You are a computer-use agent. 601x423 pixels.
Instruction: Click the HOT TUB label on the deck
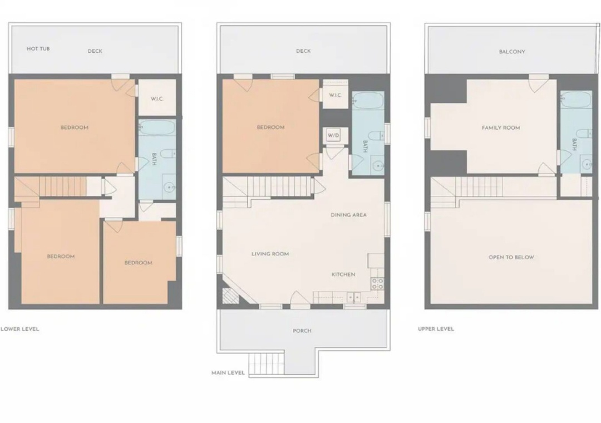38,49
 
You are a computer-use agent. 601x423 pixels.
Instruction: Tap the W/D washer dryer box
333,135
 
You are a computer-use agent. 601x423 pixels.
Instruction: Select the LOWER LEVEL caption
20,329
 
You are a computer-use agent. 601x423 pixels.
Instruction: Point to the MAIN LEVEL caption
228,373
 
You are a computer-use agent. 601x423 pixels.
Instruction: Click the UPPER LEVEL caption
436,328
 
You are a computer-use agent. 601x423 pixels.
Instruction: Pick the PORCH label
302,331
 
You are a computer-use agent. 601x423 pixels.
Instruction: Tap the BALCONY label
512,51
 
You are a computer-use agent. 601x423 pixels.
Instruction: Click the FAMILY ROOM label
501,127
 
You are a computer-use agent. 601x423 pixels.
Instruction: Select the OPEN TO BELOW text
511,257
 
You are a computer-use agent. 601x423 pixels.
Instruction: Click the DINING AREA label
349,215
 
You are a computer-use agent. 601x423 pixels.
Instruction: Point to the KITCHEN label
343,274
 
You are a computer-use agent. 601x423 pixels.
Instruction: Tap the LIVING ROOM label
270,254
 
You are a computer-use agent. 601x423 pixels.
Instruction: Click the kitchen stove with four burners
377,284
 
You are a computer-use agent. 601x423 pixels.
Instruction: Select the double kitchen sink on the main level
354,297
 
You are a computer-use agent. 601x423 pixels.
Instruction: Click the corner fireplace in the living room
230,296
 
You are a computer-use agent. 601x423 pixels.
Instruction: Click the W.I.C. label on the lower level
157,99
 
